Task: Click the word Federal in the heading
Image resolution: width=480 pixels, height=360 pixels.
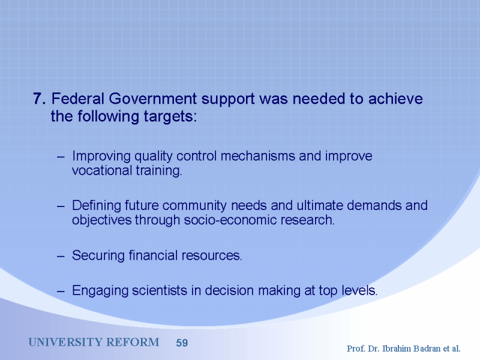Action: pos(78,98)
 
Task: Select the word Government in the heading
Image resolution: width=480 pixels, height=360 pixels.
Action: pos(153,98)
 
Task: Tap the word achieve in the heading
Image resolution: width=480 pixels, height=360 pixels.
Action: pos(395,98)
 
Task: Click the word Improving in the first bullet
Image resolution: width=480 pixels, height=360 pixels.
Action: pos(101,157)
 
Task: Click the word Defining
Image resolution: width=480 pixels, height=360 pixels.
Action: pos(97,206)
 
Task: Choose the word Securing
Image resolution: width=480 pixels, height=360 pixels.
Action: pos(98,256)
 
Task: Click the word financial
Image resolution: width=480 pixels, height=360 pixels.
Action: pos(153,255)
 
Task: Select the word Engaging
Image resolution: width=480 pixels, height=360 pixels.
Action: pos(100,291)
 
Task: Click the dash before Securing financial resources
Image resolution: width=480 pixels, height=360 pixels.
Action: pos(61,256)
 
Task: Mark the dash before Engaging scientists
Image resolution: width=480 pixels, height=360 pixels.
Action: pos(61,292)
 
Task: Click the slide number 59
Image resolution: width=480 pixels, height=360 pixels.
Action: pos(182,343)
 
